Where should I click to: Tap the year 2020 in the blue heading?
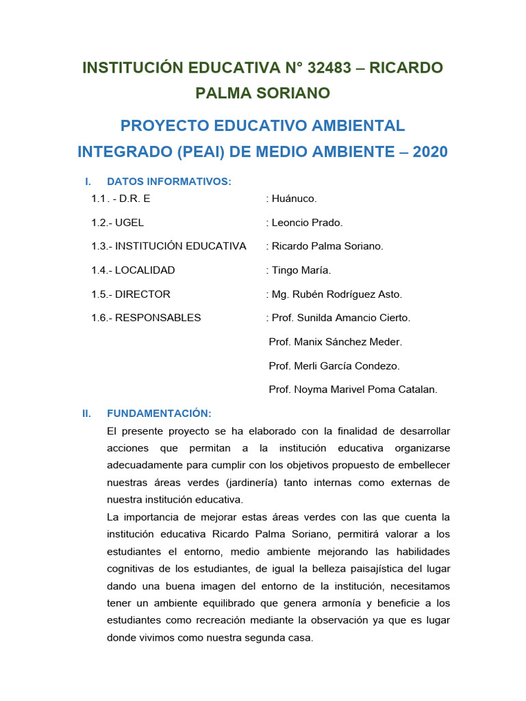tap(427, 151)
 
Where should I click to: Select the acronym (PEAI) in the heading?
tap(205, 151)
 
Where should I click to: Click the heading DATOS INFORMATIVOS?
tap(169, 181)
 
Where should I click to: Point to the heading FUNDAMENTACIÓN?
tap(159, 413)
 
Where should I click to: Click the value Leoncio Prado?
tap(307, 222)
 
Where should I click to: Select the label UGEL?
tap(129, 222)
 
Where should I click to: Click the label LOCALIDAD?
tap(145, 270)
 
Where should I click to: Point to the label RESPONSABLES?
tap(158, 318)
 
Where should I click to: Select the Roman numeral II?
tap(86, 413)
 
